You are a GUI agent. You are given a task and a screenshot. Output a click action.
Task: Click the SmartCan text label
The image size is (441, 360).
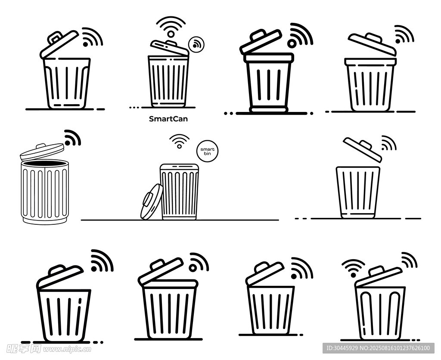point(168,119)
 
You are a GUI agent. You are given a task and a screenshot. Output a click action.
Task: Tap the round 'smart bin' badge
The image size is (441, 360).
point(208,151)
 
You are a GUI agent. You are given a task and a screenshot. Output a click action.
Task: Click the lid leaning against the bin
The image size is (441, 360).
point(152,202)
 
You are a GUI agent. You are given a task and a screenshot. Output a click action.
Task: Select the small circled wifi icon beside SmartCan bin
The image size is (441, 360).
point(196,44)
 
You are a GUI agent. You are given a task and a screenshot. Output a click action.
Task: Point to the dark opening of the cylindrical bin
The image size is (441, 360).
point(45,163)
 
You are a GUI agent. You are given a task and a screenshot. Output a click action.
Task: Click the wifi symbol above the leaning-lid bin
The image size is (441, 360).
point(179,141)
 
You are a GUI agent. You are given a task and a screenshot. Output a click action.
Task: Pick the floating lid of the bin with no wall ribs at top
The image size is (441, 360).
point(363,149)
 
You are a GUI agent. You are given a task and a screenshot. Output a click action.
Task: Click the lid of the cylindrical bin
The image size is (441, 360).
point(42,152)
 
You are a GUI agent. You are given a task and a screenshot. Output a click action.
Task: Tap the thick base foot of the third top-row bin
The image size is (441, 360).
point(269,109)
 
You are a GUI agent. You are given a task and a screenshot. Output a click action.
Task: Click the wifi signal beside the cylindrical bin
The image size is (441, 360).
point(72,138)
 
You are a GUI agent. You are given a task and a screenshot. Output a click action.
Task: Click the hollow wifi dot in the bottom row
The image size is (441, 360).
point(193,268)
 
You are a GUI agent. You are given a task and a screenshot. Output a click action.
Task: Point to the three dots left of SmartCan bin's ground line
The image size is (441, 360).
point(134,107)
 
